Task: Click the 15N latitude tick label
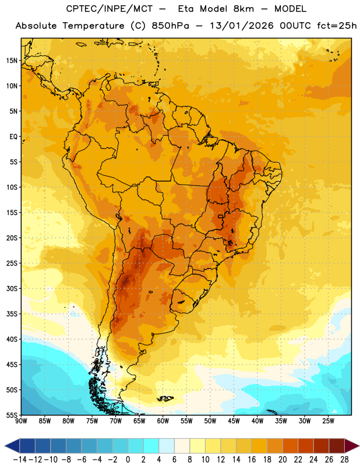coord(12,61)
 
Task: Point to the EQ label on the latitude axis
coord(13,137)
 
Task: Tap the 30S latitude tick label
coord(12,288)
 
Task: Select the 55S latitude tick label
coord(12,415)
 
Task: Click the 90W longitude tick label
coord(21,421)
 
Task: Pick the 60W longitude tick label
coord(163,421)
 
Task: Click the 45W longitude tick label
coord(234,421)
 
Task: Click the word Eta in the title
coord(186,9)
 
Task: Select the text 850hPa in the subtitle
coord(170,26)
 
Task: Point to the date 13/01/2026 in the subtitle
coord(241,26)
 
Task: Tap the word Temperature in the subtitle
coord(93,26)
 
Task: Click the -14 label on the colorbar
coord(20,460)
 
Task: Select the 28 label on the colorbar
coord(344,460)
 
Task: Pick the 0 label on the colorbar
coord(128,460)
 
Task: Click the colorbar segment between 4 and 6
coord(167,446)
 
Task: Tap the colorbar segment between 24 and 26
coord(322,446)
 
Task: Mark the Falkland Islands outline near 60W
coord(165,398)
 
